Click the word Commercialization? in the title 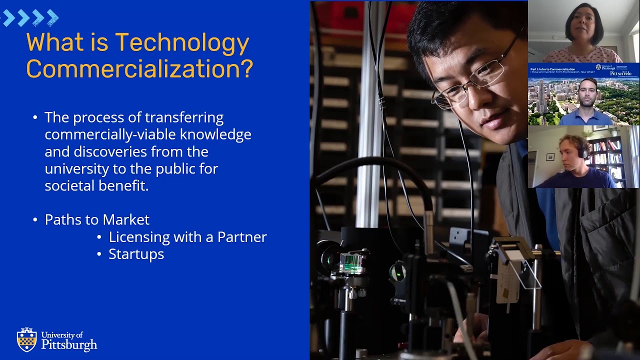139,68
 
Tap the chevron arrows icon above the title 30,18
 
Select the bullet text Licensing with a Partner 187,236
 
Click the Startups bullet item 136,254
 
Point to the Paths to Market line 97,219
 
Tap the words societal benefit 96,186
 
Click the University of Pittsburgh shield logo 26,339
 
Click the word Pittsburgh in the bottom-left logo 69,344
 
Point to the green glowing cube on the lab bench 351,262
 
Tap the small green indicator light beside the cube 397,272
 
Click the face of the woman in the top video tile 583,25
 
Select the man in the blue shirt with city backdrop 587,102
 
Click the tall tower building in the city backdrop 541,97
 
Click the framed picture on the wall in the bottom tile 550,156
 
